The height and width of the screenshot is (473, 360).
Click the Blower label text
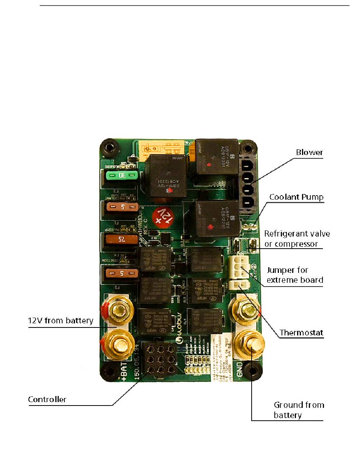[310, 152]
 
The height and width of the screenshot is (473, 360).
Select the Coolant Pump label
[296, 197]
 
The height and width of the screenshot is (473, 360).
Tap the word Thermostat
[301, 333]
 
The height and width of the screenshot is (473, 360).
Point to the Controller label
[47, 399]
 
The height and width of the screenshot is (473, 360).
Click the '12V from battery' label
[61, 321]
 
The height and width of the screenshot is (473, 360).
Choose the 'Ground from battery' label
[299, 410]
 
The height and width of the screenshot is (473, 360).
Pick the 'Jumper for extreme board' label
[295, 275]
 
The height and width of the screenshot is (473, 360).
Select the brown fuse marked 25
[121, 240]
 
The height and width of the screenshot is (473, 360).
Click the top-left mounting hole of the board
[110, 147]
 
